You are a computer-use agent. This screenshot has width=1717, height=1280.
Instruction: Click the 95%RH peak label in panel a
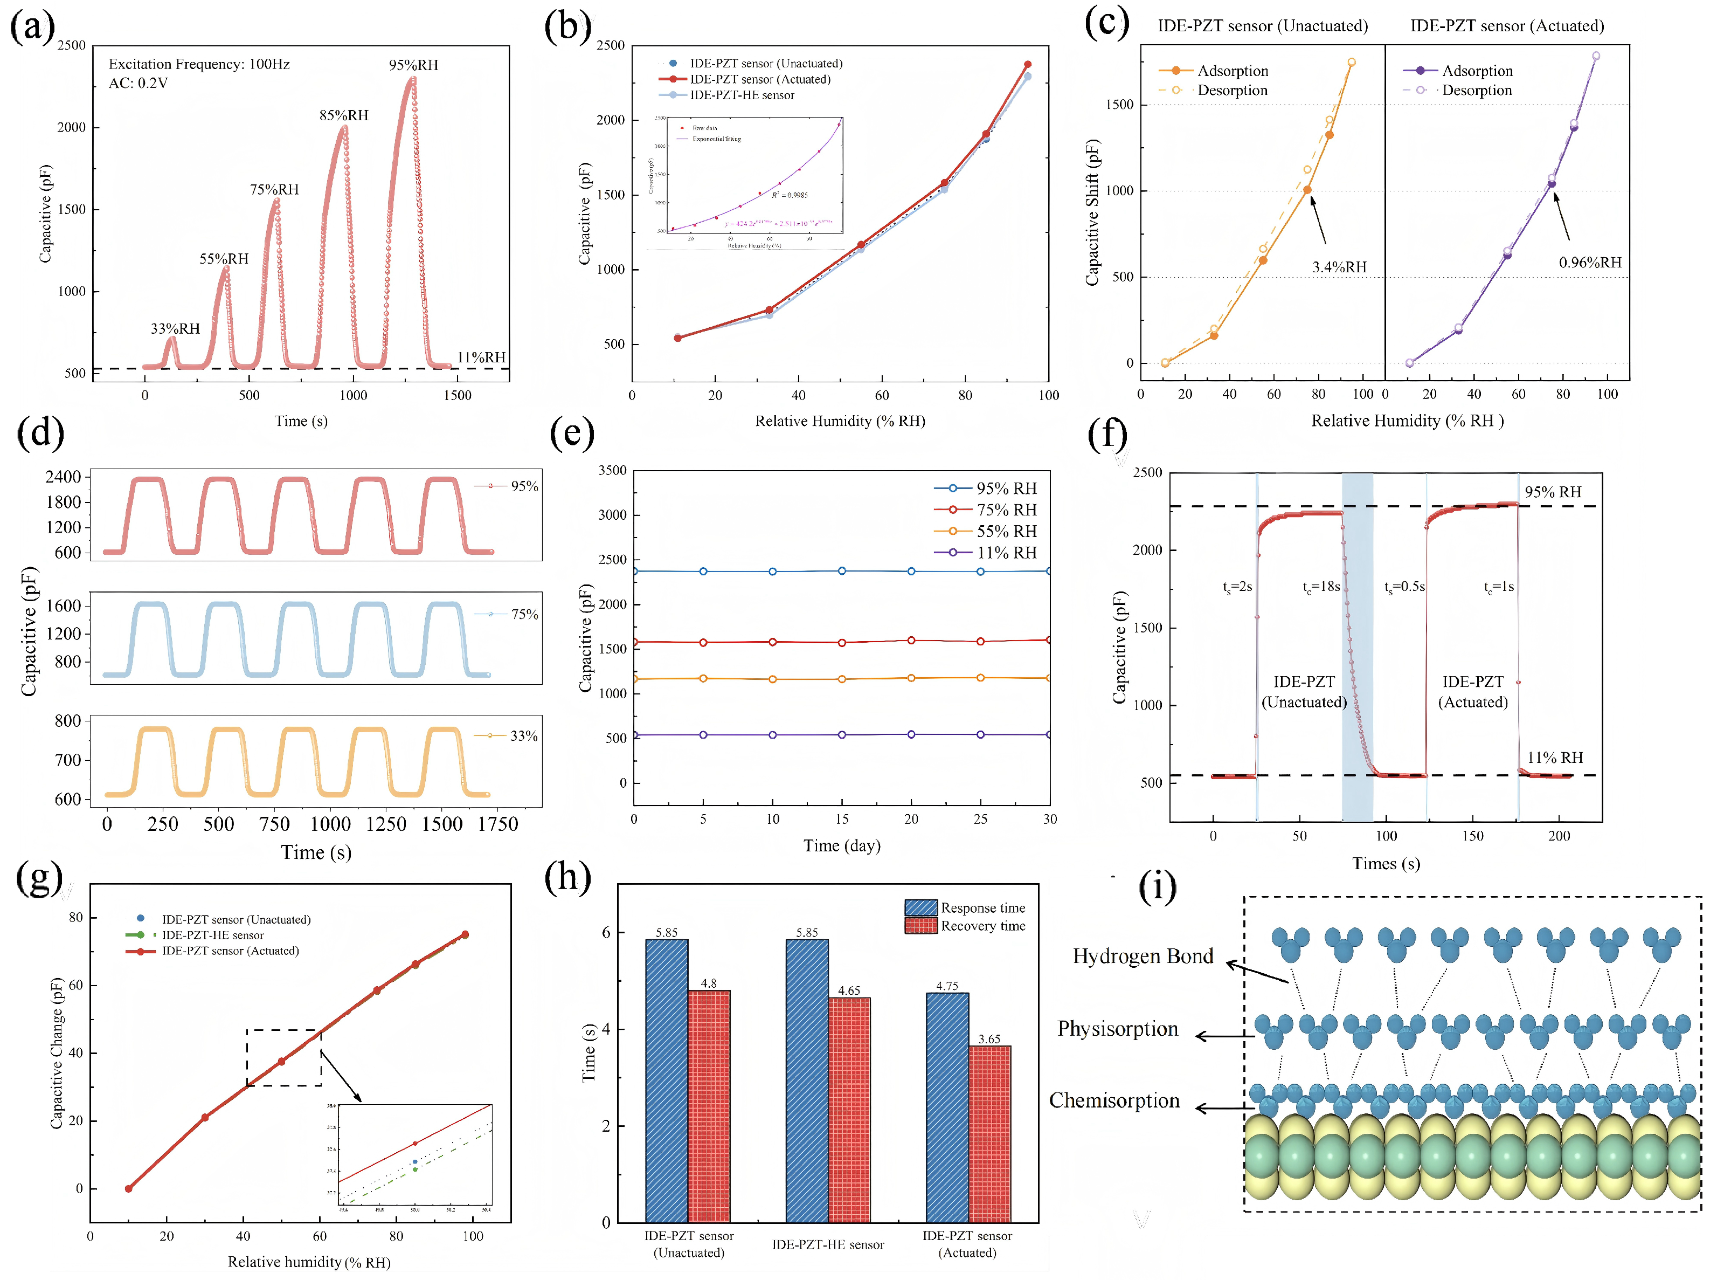[x=413, y=65]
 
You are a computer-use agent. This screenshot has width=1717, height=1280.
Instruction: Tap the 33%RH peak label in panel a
[x=175, y=328]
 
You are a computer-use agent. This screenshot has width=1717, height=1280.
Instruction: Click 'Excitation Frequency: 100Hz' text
[x=199, y=64]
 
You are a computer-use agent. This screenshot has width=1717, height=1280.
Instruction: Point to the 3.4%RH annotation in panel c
[x=1339, y=267]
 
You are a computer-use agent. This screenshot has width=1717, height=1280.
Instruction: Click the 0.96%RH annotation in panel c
[x=1590, y=263]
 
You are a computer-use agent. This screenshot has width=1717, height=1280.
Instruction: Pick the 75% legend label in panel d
[x=524, y=615]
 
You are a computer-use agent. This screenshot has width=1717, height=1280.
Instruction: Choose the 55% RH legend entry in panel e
[x=1006, y=532]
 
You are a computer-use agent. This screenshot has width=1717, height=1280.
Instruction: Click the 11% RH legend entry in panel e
[x=1006, y=553]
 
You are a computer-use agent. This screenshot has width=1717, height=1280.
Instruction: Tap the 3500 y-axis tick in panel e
[x=613, y=470]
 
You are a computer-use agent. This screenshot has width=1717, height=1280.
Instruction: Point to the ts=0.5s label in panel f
[x=1404, y=587]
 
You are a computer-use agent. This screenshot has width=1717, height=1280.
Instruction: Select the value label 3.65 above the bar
[x=989, y=1039]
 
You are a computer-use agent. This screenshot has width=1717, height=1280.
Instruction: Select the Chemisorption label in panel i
[x=1114, y=1101]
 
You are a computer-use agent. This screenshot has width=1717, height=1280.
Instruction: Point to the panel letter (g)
[x=39, y=880]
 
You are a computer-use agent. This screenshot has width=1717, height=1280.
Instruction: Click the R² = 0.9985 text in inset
[x=790, y=195]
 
